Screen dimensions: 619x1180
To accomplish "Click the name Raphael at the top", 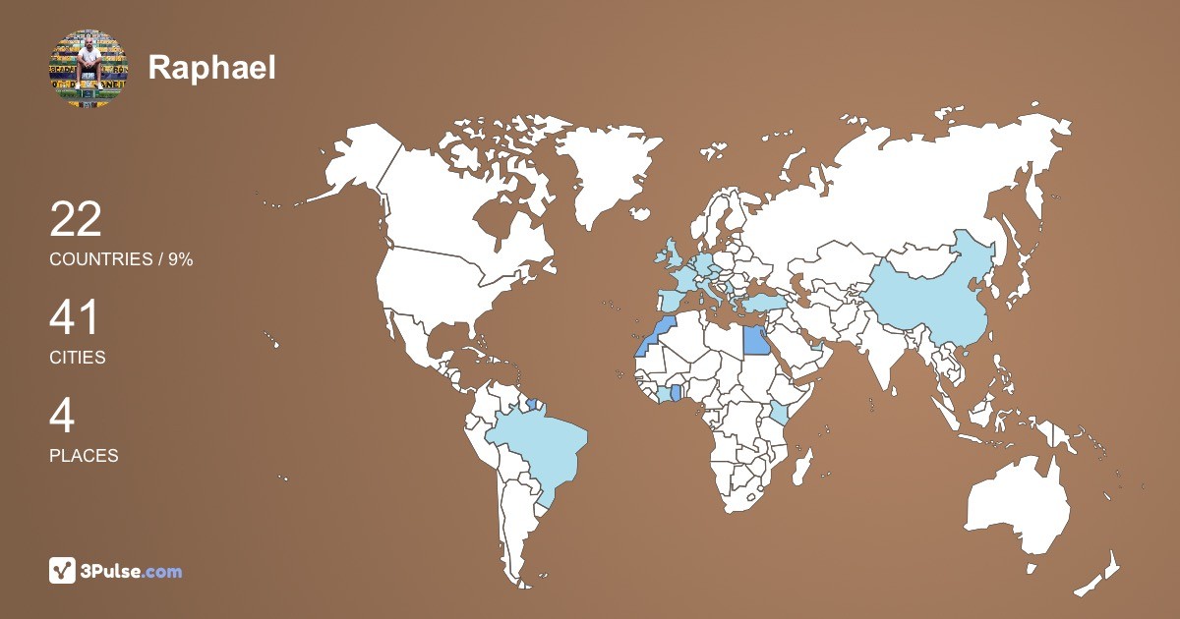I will [211, 68].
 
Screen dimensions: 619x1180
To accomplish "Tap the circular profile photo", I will [88, 68].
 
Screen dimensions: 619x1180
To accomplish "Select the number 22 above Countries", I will [76, 220].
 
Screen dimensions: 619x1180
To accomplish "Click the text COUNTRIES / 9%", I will [121, 259].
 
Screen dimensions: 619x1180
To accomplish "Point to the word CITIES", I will [77, 358].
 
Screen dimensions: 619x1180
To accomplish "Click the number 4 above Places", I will [62, 417].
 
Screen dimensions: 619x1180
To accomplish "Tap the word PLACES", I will [84, 456].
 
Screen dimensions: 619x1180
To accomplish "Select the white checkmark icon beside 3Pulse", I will [62, 571].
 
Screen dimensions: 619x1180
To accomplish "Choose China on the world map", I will [924, 295].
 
